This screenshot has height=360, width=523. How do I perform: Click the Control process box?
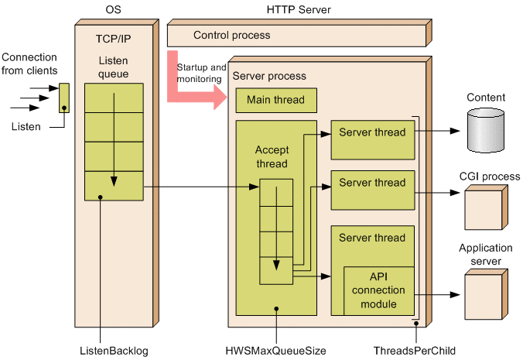(297, 35)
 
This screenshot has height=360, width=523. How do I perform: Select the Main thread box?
(275, 100)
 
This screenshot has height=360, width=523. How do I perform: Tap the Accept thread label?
(271, 157)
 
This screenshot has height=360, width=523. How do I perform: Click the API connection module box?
(377, 290)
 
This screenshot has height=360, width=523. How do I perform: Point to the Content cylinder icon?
(486, 129)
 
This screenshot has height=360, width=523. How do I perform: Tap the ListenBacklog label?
(114, 351)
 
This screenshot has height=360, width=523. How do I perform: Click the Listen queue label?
(114, 67)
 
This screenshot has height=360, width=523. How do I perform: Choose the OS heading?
(114, 10)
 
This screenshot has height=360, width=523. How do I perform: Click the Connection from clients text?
(29, 64)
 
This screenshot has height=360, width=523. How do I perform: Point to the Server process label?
(269, 76)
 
